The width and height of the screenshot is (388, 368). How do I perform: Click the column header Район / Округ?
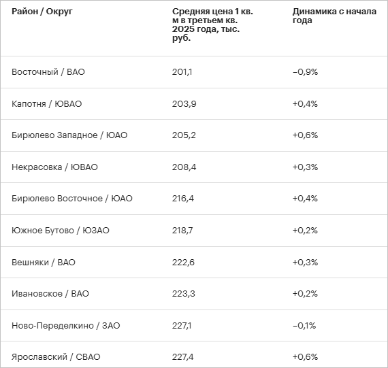[42, 12]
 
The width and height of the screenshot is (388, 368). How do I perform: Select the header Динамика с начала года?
[334, 16]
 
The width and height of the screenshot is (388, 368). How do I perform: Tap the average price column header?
[212, 24]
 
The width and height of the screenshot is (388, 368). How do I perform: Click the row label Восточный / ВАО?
[48, 72]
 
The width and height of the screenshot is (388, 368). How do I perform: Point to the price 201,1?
[182, 72]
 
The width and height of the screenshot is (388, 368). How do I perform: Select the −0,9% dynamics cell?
[305, 72]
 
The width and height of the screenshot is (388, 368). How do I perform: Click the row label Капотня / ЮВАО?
[46, 103]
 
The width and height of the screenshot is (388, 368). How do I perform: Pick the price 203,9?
[184, 103]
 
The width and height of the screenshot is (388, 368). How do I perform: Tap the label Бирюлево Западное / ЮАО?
[69, 135]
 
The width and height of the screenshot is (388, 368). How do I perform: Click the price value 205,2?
[184, 135]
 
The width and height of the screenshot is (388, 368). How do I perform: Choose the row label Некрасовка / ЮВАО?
[54, 167]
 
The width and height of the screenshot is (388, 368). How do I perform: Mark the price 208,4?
[184, 167]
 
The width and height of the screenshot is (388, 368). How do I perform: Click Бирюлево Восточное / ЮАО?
[72, 199]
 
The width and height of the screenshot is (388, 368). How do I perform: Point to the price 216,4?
[183, 199]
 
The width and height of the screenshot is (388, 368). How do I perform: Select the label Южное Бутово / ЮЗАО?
[61, 231]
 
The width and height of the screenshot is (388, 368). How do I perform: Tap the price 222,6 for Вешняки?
[183, 262]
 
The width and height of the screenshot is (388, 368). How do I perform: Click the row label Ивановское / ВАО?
[50, 294]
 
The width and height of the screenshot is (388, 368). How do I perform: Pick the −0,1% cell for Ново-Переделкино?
[304, 325]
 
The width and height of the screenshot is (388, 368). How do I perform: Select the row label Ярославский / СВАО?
[56, 357]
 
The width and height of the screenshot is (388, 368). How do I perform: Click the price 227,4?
[183, 357]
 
